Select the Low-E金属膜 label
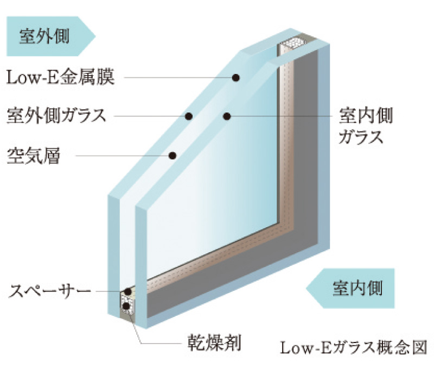(60, 78)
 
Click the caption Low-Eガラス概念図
(353, 346)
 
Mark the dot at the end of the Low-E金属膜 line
(236, 78)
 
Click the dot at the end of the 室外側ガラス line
(189, 116)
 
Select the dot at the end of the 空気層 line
(173, 156)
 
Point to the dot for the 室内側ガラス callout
(227, 116)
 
